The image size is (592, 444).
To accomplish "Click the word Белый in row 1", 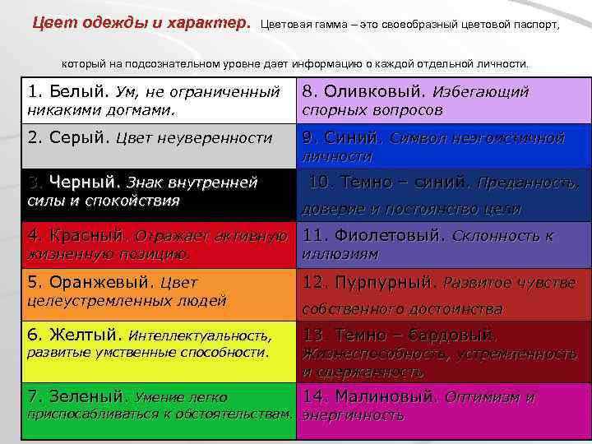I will (72, 91).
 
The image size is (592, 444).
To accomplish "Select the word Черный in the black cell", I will (85, 182).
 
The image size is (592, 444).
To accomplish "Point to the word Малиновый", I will (382, 396).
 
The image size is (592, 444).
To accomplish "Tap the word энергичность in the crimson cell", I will (354, 415).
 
